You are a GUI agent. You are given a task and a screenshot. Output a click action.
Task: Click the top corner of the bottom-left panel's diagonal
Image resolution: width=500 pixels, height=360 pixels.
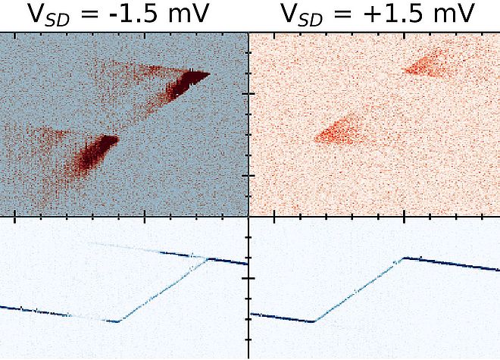point(208,258)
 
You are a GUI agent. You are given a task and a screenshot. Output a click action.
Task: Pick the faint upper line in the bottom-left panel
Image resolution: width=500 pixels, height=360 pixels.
point(144,250)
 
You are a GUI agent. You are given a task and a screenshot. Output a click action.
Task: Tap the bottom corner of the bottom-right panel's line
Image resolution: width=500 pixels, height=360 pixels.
point(313,321)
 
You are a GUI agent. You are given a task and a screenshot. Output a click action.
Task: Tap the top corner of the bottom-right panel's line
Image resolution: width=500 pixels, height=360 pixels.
point(402,258)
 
